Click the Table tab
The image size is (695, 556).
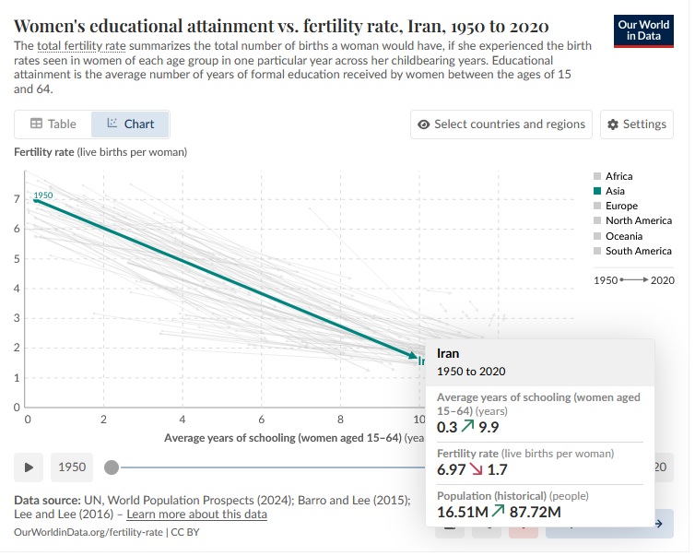pos(53,124)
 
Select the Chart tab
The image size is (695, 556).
pos(130,124)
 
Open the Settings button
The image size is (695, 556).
pos(637,124)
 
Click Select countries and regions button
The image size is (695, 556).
pos(501,124)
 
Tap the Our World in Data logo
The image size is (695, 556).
pos(642,30)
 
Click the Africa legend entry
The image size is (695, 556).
pos(618,176)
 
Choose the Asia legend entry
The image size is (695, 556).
pos(615,191)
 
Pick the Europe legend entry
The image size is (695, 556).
pos(621,206)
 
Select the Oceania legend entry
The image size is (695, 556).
pos(624,236)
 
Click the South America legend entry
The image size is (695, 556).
pos(638,251)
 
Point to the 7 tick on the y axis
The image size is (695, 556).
pos(17,199)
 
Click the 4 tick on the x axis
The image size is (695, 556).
pos(183,420)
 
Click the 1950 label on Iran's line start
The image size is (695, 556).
pos(43,195)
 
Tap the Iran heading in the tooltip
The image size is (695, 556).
pos(448,353)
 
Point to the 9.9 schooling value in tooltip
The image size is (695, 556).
pos(488,427)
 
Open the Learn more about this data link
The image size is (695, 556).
pos(196,515)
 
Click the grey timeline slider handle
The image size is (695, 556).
pos(112,467)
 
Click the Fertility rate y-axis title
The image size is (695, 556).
pos(100,151)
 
